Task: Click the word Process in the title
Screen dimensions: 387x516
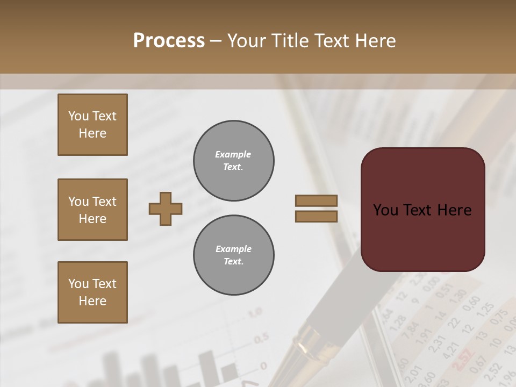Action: pyautogui.click(x=169, y=41)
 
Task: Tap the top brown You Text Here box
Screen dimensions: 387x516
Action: pyautogui.click(x=92, y=125)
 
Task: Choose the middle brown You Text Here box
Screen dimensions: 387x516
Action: pyautogui.click(x=92, y=210)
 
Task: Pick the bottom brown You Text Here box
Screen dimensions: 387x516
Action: pyautogui.click(x=92, y=292)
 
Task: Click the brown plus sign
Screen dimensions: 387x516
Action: pyautogui.click(x=166, y=209)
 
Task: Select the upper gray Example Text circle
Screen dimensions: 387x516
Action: pyautogui.click(x=234, y=161)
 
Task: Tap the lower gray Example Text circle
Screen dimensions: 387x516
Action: pyautogui.click(x=234, y=255)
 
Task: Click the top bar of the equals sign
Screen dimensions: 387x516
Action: pyautogui.click(x=316, y=200)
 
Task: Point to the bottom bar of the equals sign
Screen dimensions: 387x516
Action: pyautogui.click(x=316, y=216)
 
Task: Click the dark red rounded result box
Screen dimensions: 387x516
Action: pyautogui.click(x=422, y=209)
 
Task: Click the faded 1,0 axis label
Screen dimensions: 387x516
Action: pyautogui.click(x=254, y=312)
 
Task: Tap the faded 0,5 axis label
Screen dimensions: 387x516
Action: pyautogui.click(x=261, y=339)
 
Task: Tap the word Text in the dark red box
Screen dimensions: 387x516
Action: pyautogui.click(x=422, y=210)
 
